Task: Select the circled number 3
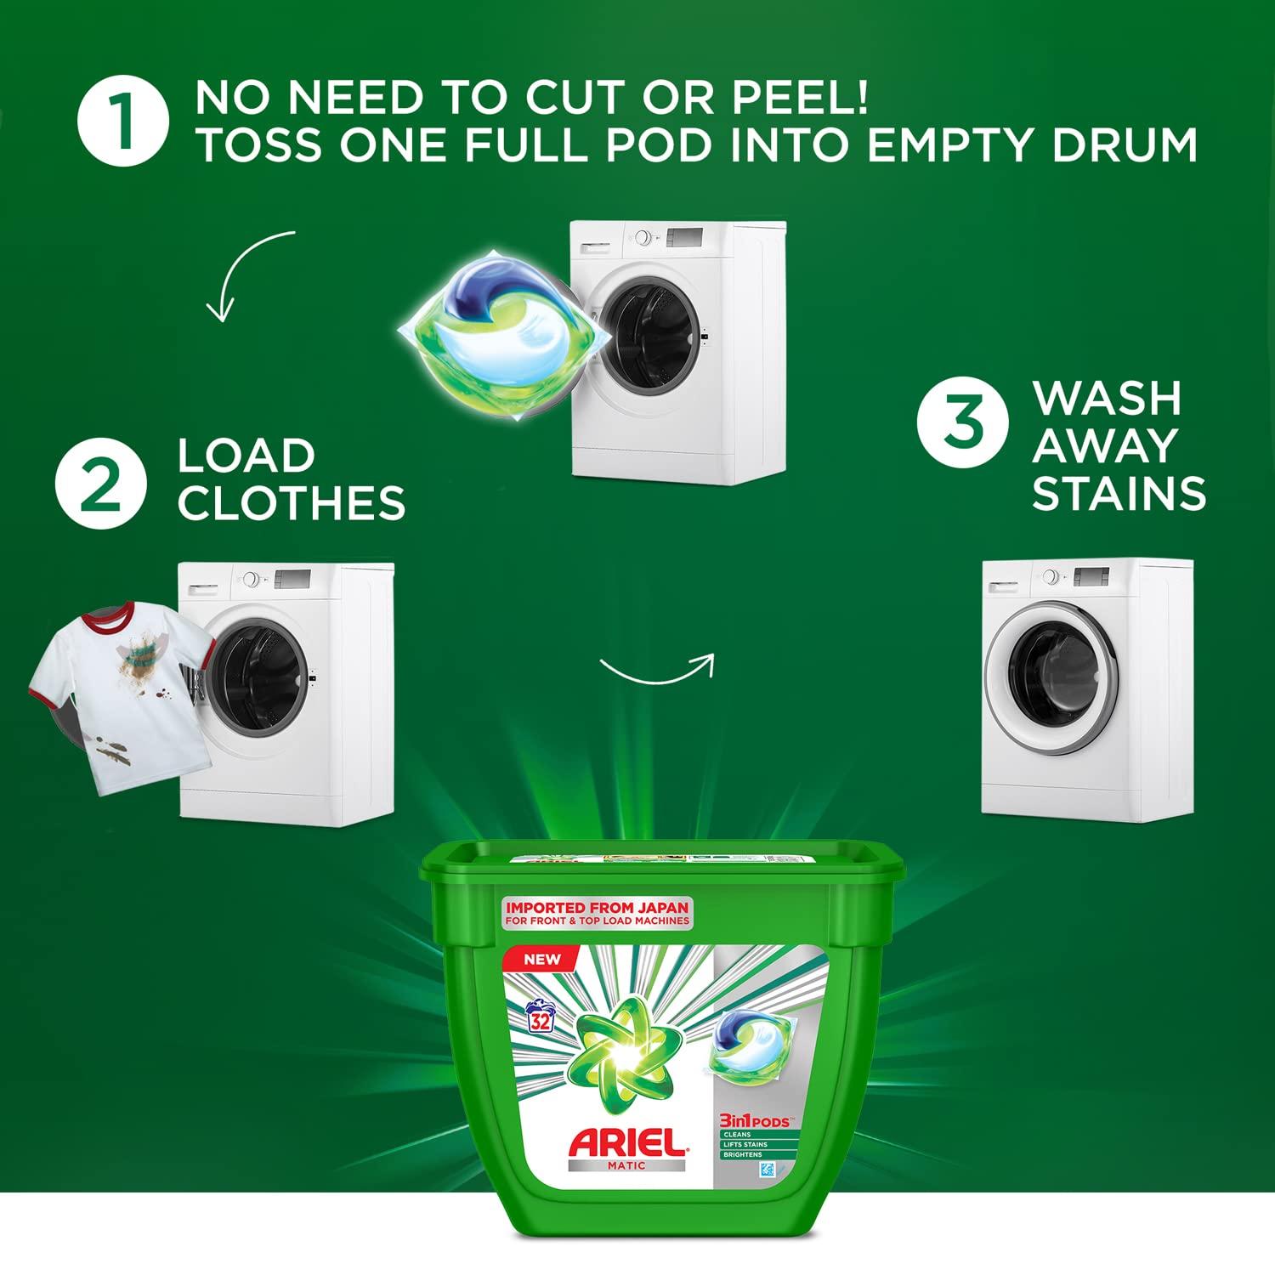coord(962,422)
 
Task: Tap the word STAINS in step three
coord(1119,493)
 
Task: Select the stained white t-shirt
coord(119,693)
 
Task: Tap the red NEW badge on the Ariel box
coord(542,959)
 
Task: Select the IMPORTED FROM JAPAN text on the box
coord(597,908)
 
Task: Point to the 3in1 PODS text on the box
coord(755,1121)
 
